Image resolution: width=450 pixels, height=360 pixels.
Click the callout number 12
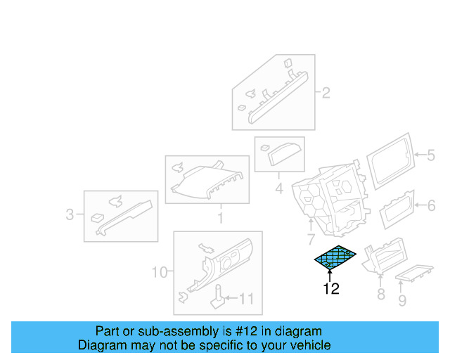coord(330,288)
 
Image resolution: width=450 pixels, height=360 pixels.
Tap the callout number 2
coord(326,92)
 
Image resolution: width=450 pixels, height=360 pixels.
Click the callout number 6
coord(432,205)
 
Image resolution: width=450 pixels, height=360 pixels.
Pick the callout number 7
coord(310,240)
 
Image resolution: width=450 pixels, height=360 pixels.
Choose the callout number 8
coord(380,294)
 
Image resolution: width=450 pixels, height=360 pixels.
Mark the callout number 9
coord(402,301)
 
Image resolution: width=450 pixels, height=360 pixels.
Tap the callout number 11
coord(245,299)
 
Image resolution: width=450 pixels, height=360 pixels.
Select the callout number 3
coord(70,214)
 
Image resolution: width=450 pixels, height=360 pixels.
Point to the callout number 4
coord(278,188)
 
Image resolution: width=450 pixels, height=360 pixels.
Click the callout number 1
coord(219,219)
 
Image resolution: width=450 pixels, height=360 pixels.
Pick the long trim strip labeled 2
coord(278,96)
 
